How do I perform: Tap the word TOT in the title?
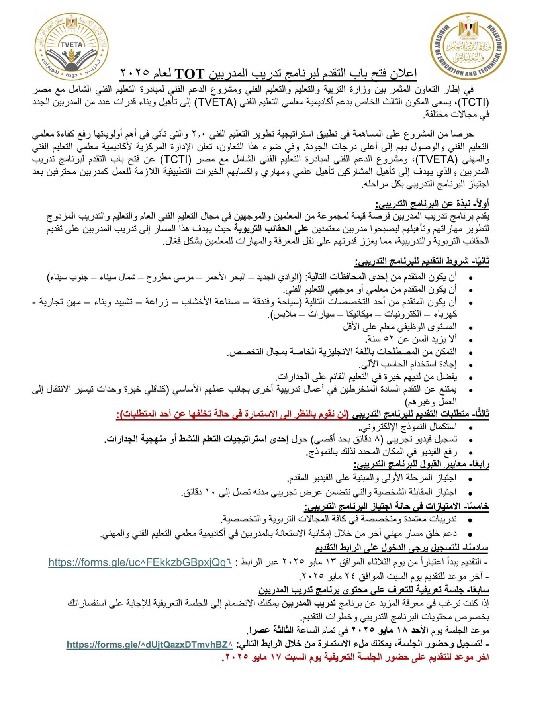(x=189, y=74)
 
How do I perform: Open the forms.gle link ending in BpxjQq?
(x=140, y=562)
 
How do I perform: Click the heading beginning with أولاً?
(x=432, y=204)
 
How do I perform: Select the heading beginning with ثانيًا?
(x=422, y=262)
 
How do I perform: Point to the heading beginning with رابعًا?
(x=421, y=464)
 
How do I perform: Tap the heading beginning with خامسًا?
(x=396, y=506)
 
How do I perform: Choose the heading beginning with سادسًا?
(x=401, y=548)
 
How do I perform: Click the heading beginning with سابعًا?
(x=374, y=590)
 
